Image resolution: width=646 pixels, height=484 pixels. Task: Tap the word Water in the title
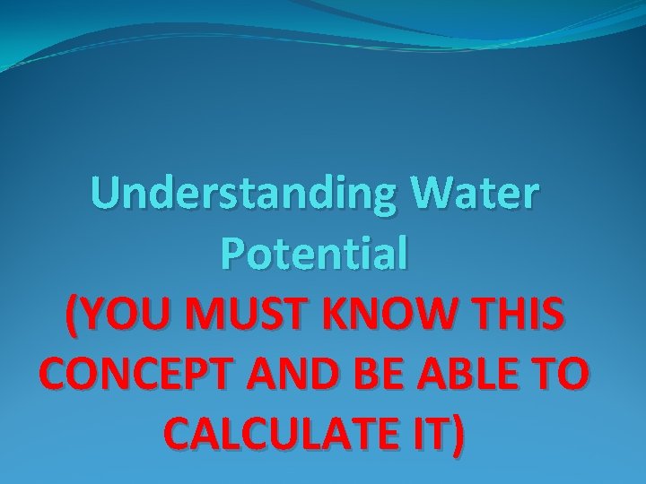click(476, 195)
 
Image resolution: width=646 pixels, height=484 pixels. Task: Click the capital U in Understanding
click(106, 194)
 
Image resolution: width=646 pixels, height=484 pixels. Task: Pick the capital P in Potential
click(231, 254)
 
